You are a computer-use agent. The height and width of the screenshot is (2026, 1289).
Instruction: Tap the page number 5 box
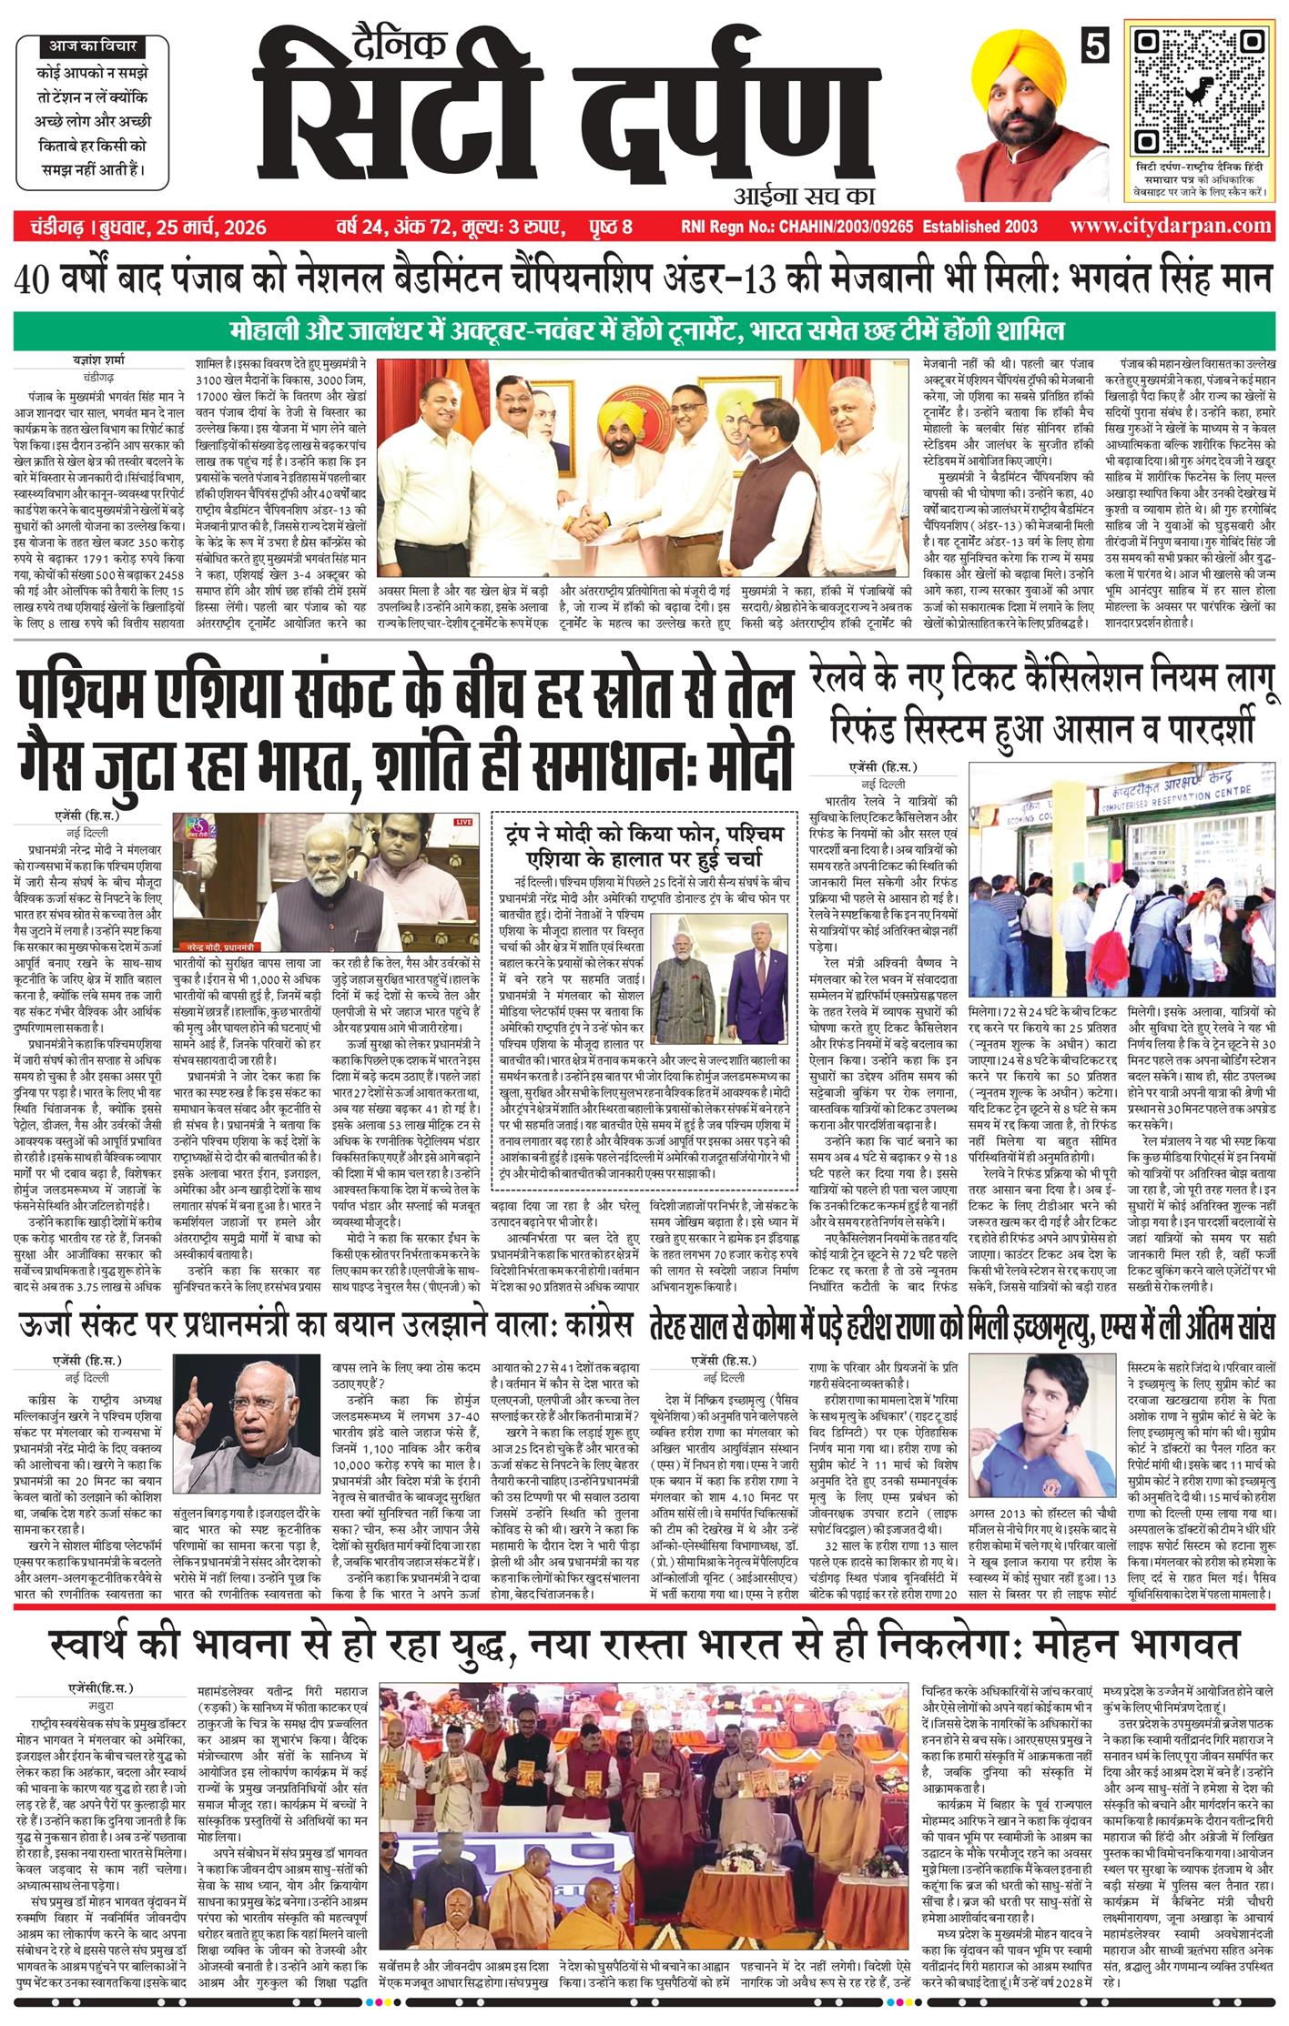pyautogui.click(x=1099, y=46)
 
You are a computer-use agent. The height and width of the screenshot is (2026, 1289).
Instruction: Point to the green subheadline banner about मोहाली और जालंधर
pyautogui.click(x=644, y=329)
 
